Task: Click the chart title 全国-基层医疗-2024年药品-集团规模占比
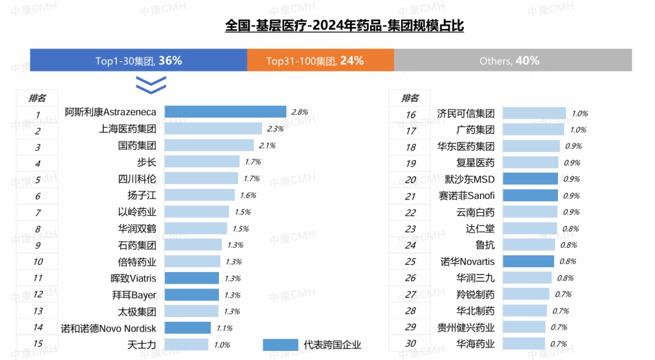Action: [344, 26]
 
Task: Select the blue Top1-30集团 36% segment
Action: [138, 61]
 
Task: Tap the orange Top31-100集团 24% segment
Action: [320, 61]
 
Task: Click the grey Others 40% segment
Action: [512, 61]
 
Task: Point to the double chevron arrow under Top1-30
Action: [150, 85]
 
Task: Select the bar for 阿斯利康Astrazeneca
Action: [225, 112]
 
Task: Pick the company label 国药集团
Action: [137, 145]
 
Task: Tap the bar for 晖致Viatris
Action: [191, 278]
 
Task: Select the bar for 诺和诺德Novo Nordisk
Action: [187, 328]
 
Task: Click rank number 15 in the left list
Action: [38, 344]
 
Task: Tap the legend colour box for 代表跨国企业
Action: [281, 344]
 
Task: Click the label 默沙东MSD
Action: [469, 179]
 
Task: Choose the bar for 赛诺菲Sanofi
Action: [530, 196]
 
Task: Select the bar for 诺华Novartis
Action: [528, 262]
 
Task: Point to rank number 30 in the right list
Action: [411, 344]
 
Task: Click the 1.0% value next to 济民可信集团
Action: [579, 113]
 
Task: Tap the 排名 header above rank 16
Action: [410, 98]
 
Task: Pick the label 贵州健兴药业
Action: [466, 328]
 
